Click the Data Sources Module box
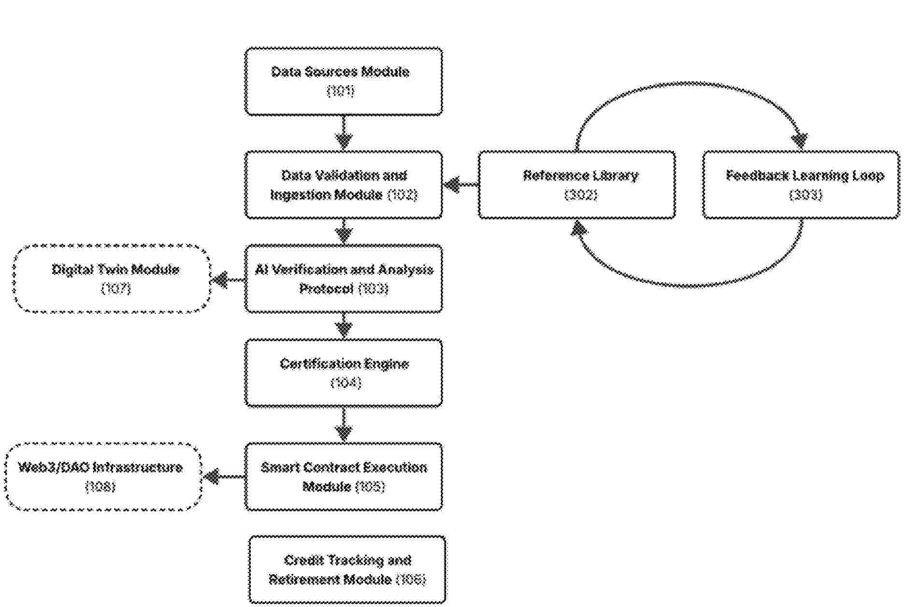343,81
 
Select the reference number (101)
341,91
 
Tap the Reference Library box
577,185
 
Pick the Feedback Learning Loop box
801,185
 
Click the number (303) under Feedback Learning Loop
805,195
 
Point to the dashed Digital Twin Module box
112,279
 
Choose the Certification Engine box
343,373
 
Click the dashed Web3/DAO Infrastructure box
103,477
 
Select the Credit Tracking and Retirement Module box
347,570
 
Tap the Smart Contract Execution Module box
343,477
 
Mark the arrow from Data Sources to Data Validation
344,133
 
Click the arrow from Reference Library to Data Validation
460,185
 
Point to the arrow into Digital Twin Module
227,279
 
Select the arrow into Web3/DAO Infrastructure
222,477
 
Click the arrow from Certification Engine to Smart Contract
344,425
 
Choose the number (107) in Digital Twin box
116,289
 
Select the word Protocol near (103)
326,289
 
